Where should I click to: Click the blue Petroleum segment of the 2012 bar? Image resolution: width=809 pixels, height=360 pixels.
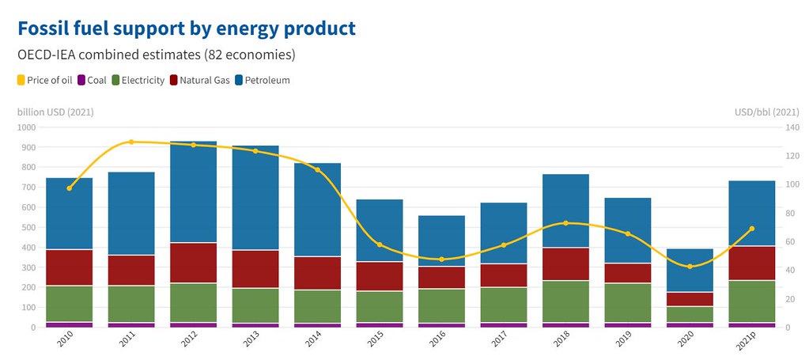tap(194, 191)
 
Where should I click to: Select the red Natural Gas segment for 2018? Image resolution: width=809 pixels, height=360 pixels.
tap(566, 264)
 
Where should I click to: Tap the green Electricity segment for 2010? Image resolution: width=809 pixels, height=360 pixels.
tap(69, 304)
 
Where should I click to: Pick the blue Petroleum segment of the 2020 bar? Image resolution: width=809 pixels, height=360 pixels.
tap(690, 270)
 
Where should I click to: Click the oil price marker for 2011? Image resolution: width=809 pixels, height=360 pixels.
tap(131, 142)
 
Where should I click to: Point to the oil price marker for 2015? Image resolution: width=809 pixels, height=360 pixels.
tap(380, 244)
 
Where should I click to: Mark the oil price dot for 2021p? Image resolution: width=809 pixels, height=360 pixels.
tap(752, 229)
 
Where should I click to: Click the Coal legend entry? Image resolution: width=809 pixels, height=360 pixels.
tap(93, 80)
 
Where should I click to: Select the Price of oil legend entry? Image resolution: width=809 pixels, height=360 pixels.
tap(45, 80)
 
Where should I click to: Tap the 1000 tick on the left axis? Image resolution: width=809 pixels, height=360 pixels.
tap(28, 127)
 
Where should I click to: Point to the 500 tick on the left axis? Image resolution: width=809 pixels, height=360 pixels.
tap(30, 227)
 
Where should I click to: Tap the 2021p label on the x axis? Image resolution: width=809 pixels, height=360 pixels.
tap(749, 340)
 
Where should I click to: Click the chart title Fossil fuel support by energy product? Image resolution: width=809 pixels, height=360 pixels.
tap(187, 28)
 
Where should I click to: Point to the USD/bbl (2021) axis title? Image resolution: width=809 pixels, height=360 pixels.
tap(767, 112)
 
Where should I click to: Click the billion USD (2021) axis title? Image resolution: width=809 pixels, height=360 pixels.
tap(55, 112)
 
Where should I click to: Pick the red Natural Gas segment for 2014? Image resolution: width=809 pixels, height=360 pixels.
tap(317, 273)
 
